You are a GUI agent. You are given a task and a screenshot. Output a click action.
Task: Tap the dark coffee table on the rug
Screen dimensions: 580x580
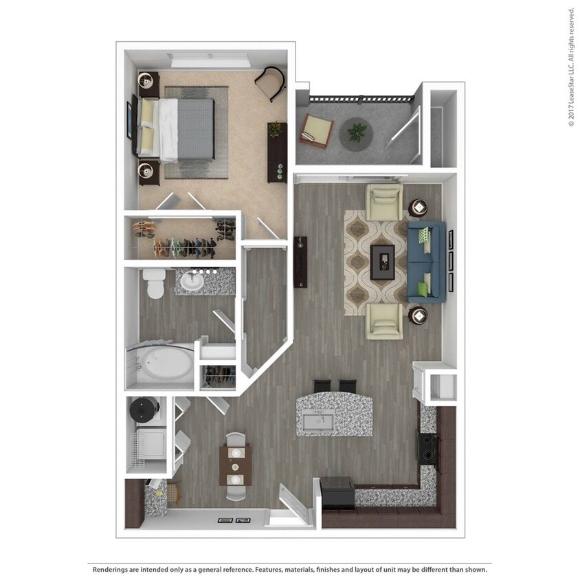click(383, 262)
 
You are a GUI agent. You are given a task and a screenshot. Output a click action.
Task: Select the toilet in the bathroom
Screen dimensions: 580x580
click(154, 282)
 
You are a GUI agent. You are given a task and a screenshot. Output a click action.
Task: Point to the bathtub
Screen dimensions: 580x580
click(162, 364)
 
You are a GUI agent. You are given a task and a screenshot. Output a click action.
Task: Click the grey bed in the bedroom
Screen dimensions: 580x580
click(184, 130)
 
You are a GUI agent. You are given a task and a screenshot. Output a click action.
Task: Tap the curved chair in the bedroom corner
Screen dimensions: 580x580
click(271, 82)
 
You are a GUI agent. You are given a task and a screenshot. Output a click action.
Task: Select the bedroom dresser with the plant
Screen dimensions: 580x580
click(277, 152)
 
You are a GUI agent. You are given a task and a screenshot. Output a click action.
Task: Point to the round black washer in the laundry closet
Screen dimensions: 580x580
click(144, 411)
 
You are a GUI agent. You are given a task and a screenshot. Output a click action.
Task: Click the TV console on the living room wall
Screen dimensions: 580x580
click(300, 262)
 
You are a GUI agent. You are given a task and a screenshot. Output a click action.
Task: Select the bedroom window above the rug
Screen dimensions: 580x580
click(210, 60)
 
